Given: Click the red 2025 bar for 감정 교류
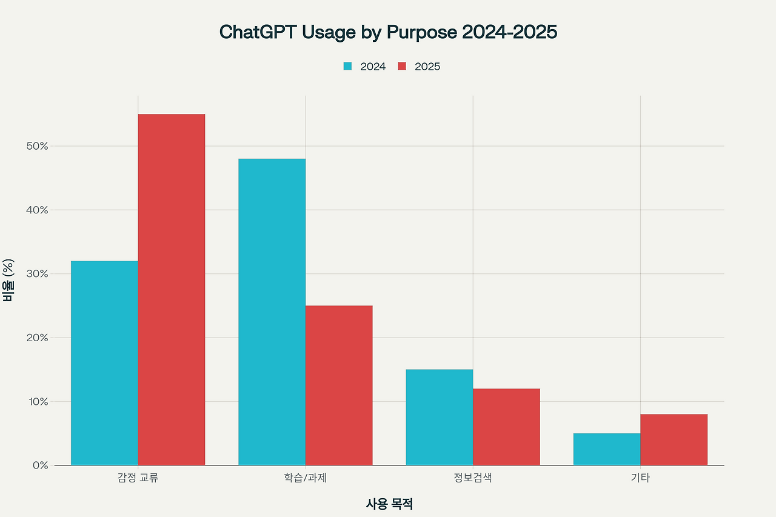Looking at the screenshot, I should tap(172, 290).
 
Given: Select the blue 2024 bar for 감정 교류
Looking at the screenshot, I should tap(104, 363).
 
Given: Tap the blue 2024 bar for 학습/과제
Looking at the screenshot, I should tap(272, 312).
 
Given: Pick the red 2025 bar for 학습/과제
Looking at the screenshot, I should tap(339, 385).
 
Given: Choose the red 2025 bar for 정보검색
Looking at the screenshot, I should tap(506, 427).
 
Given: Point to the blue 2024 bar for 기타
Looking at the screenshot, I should tap(607, 449).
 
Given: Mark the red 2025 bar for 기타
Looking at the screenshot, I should tap(674, 439).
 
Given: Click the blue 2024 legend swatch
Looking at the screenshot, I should tap(347, 67).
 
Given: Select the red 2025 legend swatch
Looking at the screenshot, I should tap(402, 67).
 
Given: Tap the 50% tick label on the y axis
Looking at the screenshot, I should tap(36, 146).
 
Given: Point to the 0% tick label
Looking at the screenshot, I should tap(39, 465).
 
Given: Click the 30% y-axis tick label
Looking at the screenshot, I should tap(36, 274).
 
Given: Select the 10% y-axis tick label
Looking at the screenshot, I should tap(36, 401).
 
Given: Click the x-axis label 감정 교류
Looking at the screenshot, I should tap(138, 478).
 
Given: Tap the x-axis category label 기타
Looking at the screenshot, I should tap(640, 478).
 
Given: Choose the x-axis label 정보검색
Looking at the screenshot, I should tap(473, 478).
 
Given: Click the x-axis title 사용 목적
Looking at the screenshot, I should tap(389, 504).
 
